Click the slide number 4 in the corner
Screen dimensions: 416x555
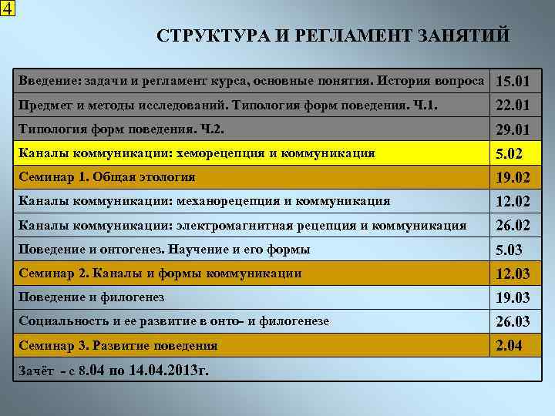click(x=7, y=8)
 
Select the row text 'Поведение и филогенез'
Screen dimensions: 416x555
click(x=92, y=297)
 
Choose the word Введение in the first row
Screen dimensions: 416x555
click(x=46, y=81)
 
